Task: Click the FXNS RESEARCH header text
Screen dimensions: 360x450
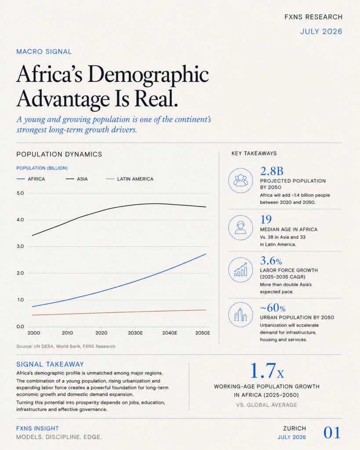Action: point(313,17)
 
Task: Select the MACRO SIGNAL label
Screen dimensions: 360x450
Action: point(44,52)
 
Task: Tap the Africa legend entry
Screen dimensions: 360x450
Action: point(31,179)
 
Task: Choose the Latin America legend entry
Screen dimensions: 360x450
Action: point(130,179)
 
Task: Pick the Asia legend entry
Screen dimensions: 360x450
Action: point(76,179)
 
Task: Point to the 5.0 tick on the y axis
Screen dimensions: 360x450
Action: point(20,193)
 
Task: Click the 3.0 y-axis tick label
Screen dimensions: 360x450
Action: point(20,247)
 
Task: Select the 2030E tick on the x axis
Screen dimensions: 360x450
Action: point(135,333)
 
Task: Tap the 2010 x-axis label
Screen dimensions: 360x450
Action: point(67,333)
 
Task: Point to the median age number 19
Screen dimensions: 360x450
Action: point(266,220)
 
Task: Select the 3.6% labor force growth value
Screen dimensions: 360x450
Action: point(271,261)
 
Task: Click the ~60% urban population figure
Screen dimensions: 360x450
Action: point(273,308)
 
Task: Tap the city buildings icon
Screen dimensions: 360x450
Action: point(240,315)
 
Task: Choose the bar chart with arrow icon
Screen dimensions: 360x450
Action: point(240,270)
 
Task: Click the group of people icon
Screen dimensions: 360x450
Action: point(240,181)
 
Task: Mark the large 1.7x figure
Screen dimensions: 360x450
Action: point(267,370)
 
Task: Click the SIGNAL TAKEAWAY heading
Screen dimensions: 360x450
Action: point(50,364)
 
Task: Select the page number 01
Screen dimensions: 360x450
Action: point(332,433)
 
